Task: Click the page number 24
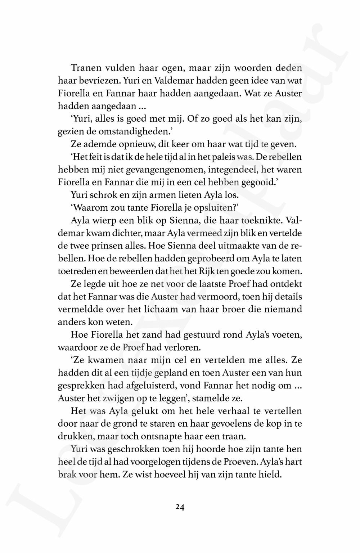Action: tap(180, 507)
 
